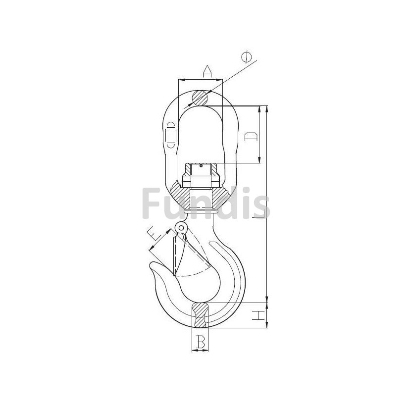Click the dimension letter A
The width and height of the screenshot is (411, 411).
207,71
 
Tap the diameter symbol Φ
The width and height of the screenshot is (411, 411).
247,57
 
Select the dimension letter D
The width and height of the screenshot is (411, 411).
251,137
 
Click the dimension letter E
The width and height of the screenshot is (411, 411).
154,234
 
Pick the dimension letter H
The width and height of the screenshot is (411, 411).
258,315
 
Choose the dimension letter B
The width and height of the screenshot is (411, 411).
201,342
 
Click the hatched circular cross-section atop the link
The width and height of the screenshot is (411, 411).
200,98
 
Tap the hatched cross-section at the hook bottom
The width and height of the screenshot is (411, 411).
200,315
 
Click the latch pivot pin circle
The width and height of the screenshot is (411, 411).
181,227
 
